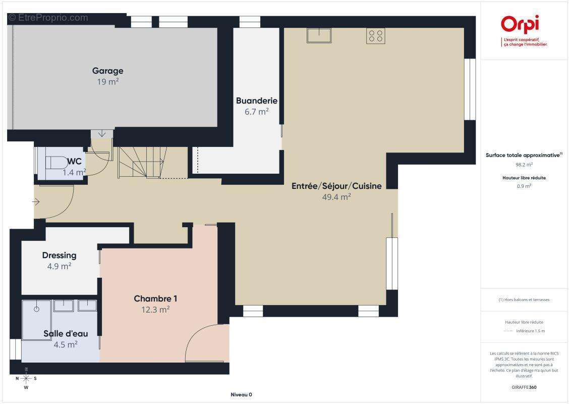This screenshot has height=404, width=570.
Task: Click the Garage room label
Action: click(x=107, y=71)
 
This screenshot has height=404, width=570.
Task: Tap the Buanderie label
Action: click(x=257, y=101)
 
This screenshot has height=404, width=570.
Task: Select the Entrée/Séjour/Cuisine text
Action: click(x=336, y=186)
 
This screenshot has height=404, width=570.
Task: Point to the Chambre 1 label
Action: click(x=155, y=299)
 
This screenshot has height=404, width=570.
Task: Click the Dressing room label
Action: click(x=59, y=256)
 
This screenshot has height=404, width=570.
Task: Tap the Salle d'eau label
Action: click(x=66, y=333)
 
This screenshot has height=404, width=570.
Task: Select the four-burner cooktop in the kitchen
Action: click(x=375, y=36)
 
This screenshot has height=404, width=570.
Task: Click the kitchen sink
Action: click(x=319, y=36)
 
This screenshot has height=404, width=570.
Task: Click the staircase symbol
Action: click(x=143, y=162)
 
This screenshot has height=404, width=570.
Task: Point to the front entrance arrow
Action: click(x=36, y=201)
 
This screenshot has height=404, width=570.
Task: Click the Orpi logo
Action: click(x=520, y=24)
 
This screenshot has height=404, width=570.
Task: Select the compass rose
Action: click(x=26, y=379)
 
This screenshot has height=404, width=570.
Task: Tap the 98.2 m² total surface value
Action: click(x=524, y=165)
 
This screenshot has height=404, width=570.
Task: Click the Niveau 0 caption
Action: click(x=242, y=394)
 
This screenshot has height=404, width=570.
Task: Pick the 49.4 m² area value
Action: click(x=336, y=197)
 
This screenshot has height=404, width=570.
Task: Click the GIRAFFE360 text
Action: click(x=524, y=387)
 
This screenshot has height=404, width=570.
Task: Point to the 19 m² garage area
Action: click(x=107, y=81)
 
